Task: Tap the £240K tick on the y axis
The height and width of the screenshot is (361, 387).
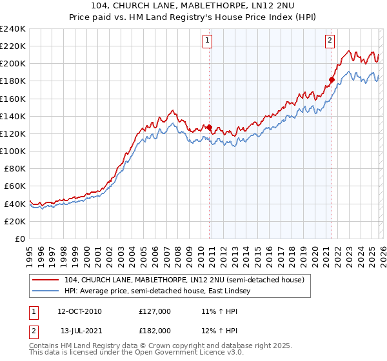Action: [13, 29]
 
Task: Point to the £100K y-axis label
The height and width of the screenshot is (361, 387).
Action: [13, 151]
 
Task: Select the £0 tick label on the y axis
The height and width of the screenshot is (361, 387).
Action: [19, 239]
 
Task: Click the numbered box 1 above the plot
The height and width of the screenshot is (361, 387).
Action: [208, 41]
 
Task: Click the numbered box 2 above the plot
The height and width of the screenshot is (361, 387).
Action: [330, 41]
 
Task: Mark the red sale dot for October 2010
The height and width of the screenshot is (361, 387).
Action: [209, 127]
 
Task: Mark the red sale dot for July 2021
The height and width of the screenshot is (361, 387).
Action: [332, 79]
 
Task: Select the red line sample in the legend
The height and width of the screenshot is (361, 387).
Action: [46, 280]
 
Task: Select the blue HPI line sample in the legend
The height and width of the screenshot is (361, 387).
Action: [46, 291]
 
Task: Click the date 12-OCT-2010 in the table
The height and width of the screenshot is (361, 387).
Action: [79, 311]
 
